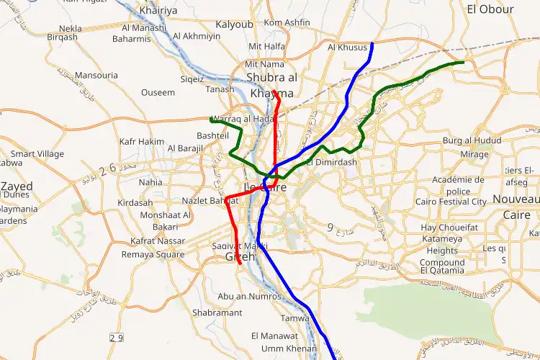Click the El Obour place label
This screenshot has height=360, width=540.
tap(490, 9)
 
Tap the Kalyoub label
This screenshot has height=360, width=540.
tap(235, 24)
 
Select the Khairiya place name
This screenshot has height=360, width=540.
tap(158, 11)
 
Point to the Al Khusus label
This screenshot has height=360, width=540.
tap(347, 48)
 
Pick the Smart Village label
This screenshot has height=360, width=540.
tap(37, 153)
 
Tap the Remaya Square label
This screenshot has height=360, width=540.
tap(153, 254)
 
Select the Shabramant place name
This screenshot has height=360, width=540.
tap(217, 312)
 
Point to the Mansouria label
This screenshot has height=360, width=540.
tap(96, 75)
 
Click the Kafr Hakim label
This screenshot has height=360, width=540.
tap(142, 142)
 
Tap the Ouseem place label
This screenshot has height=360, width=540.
tap(158, 92)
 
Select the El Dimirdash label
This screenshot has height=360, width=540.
tap(332, 163)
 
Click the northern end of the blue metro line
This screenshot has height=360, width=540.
tap(372, 44)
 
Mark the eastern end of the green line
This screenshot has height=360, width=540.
tap(463, 63)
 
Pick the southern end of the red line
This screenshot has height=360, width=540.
tap(240, 264)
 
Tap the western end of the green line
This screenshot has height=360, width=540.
tap(210, 119)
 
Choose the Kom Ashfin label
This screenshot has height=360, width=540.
tap(287, 22)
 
